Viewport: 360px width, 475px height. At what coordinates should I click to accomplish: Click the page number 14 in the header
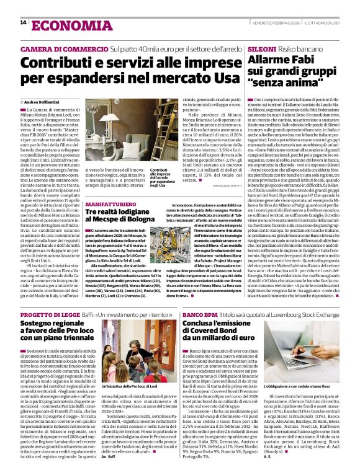pos(23,23)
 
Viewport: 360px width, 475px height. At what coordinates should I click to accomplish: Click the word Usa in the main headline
pos(224,78)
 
